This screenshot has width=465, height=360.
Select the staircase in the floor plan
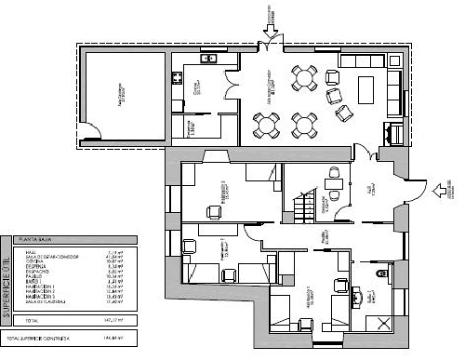pos(300,204)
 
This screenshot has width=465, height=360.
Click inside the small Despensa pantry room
pos(189,129)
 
